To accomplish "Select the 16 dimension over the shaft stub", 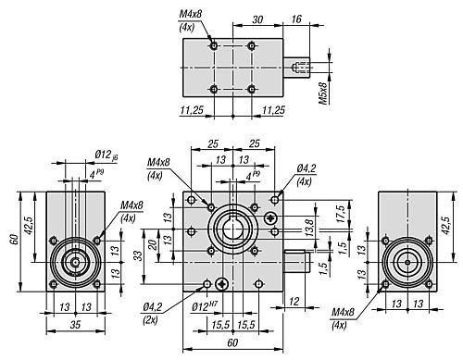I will tap(295, 19).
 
